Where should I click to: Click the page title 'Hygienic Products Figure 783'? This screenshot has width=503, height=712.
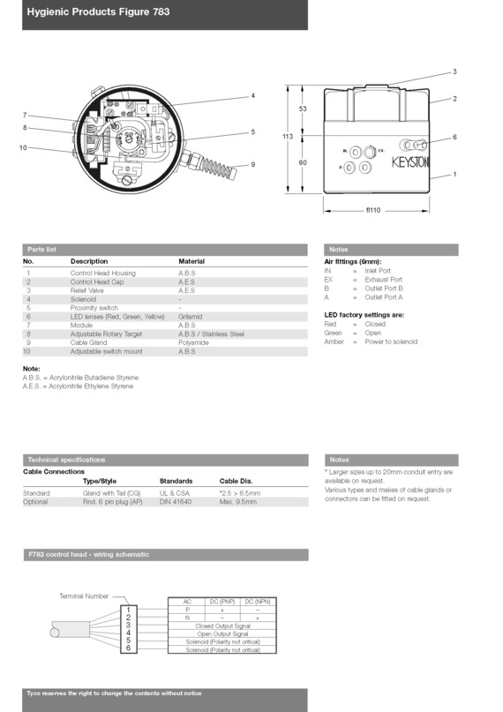98,11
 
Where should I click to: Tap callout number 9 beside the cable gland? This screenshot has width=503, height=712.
253,164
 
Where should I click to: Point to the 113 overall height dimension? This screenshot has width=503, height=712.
288,136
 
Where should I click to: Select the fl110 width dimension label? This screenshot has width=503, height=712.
373,210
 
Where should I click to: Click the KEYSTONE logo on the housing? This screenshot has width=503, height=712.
410,162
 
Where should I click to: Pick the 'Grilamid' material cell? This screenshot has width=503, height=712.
191,317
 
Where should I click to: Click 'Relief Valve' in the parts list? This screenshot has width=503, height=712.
86,290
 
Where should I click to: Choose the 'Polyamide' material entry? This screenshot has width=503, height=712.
193,343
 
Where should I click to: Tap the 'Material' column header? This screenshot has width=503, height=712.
191,261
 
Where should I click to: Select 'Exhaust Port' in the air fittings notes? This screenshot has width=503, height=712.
384,280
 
